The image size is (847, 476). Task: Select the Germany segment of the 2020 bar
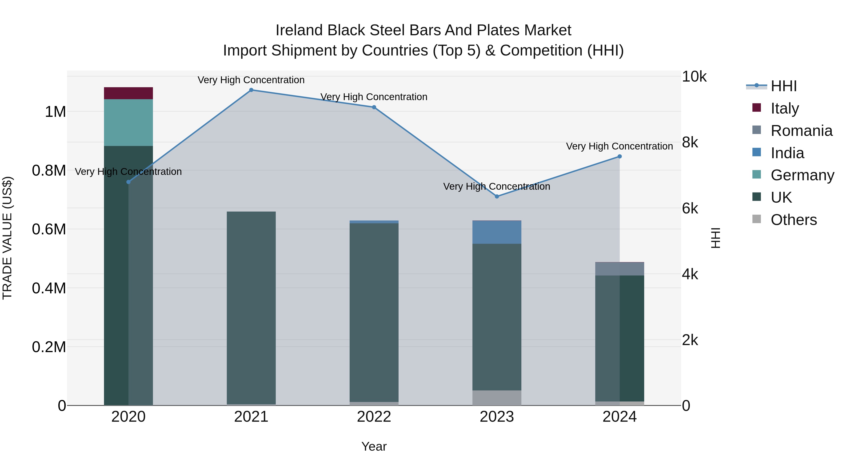(x=128, y=122)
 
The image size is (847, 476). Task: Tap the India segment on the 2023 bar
(x=496, y=232)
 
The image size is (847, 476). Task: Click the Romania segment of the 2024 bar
(x=619, y=269)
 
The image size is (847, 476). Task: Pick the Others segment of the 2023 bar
(x=496, y=397)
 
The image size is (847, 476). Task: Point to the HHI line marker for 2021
(x=251, y=90)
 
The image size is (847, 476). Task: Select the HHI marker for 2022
(x=374, y=107)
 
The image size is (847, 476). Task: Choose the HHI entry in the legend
(x=783, y=86)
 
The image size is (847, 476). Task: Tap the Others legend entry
(x=793, y=220)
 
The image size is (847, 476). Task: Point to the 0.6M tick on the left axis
(x=49, y=229)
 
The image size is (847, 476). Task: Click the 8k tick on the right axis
(x=690, y=143)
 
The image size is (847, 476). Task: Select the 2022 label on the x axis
(x=374, y=417)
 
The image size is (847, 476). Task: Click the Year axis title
(x=374, y=446)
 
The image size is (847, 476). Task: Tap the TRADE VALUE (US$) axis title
(x=7, y=238)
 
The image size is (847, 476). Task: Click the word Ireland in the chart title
(x=299, y=30)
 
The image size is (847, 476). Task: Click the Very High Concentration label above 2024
(x=619, y=146)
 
